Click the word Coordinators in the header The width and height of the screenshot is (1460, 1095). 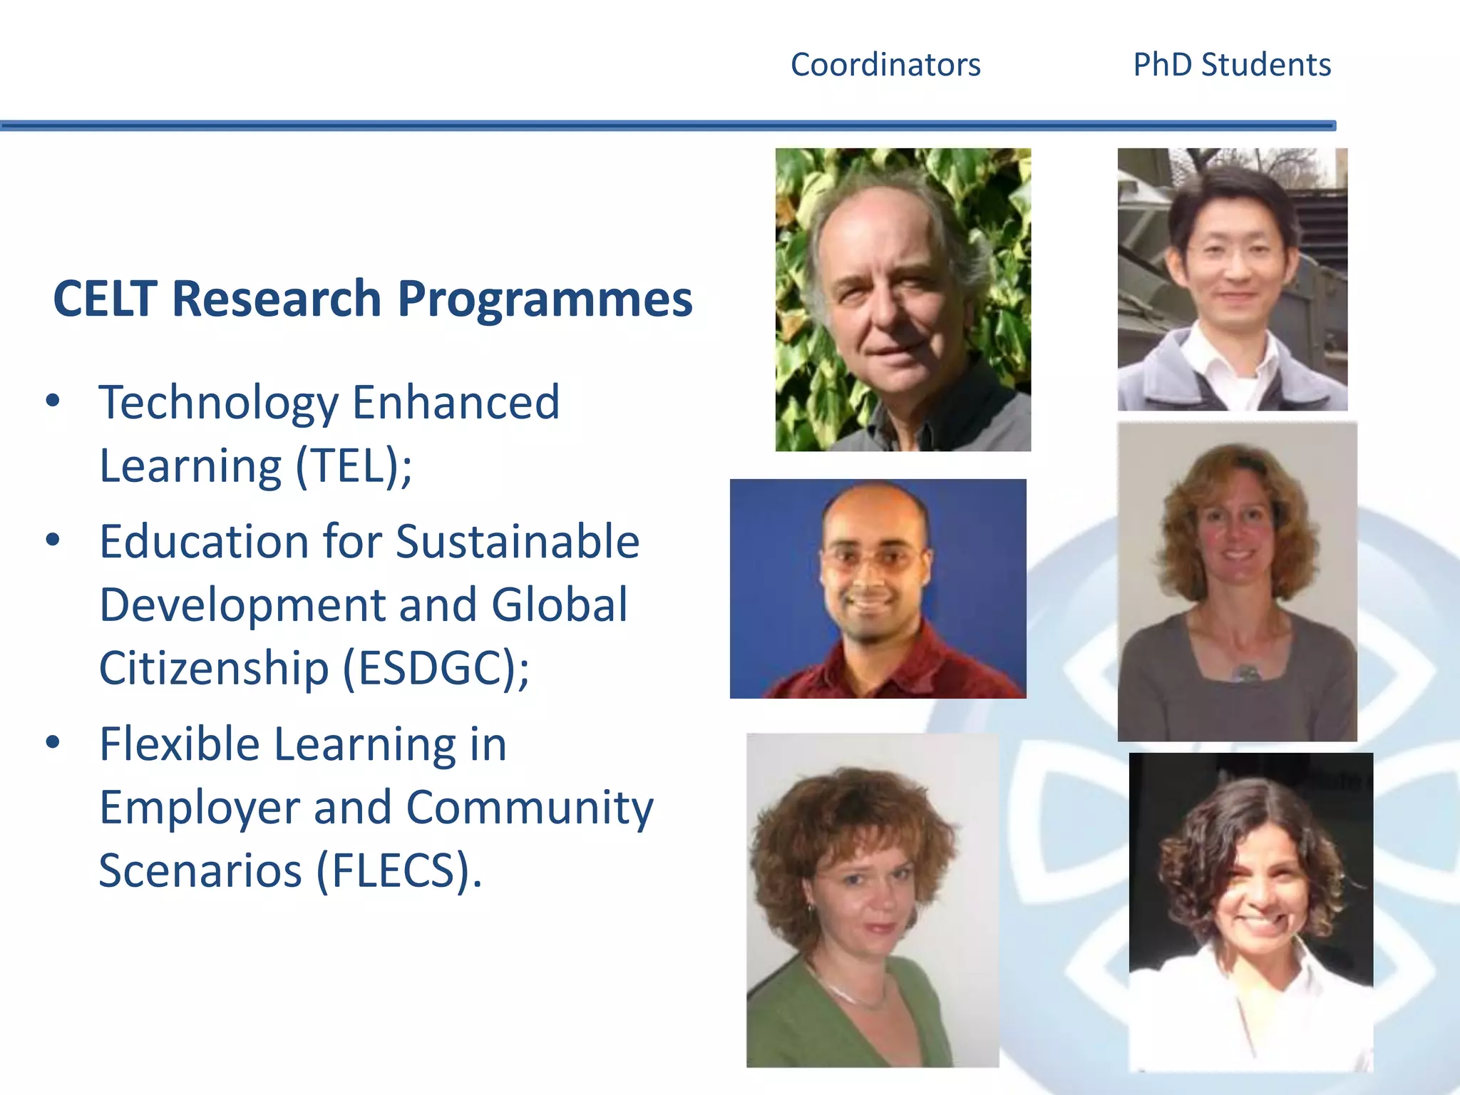tap(885, 65)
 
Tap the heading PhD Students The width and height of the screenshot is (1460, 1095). tap(1232, 65)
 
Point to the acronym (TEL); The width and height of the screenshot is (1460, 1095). tap(354, 466)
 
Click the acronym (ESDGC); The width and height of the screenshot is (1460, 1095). tap(436, 669)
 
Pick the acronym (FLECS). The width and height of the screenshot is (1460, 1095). tap(398, 870)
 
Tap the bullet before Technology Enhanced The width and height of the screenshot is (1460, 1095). tap(53, 401)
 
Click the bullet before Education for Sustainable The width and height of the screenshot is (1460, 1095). tap(53, 540)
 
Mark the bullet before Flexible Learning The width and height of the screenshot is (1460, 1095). tap(53, 742)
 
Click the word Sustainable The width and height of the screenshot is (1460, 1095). tap(518, 542)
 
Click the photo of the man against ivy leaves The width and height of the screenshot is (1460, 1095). tap(903, 299)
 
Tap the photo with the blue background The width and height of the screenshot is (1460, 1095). tap(878, 588)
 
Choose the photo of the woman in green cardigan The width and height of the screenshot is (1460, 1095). tap(872, 900)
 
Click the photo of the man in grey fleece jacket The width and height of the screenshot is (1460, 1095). tap(1232, 279)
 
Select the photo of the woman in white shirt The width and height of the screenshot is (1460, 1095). tap(1250, 912)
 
